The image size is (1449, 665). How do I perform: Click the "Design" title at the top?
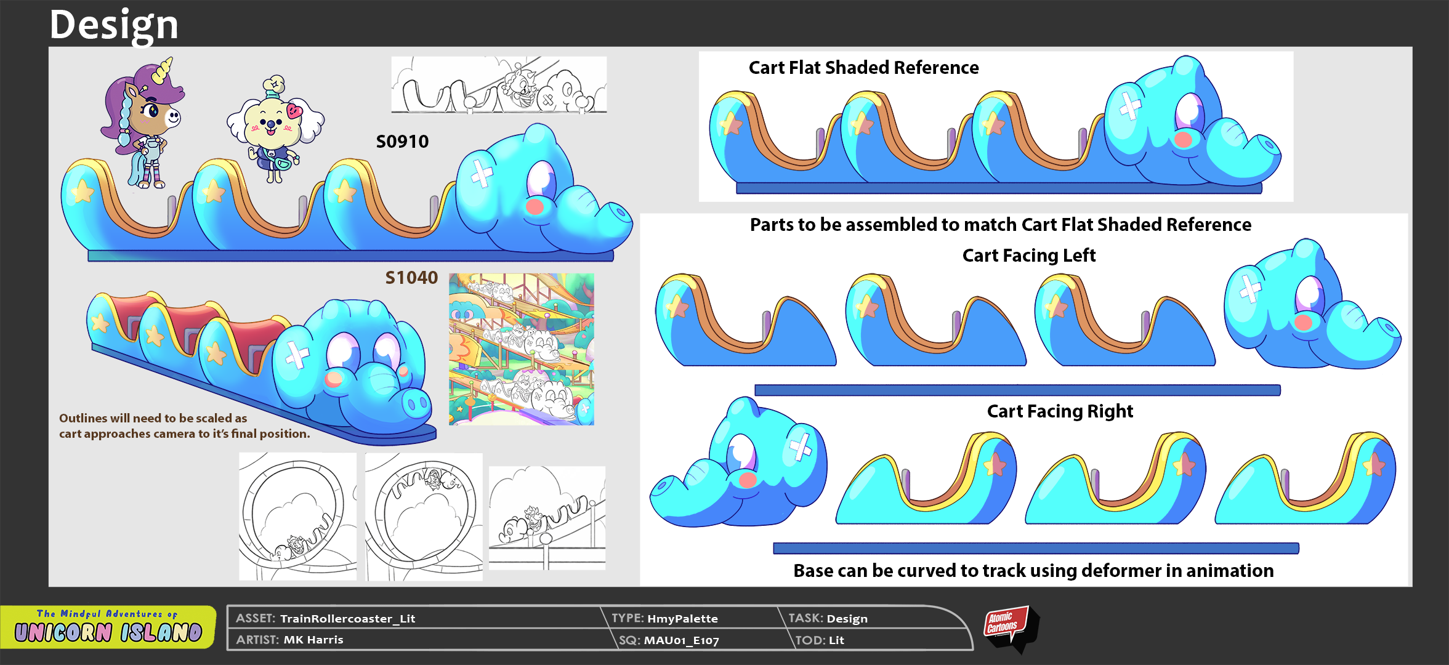coord(114,25)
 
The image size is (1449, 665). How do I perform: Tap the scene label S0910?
coord(402,142)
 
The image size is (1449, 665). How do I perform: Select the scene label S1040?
coord(411,278)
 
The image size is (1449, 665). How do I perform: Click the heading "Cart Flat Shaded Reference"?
coord(863,67)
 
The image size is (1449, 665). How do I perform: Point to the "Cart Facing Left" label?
coord(1029,256)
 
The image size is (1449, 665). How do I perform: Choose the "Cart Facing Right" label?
coord(1060,411)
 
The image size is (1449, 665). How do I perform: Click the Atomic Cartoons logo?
coord(1010,628)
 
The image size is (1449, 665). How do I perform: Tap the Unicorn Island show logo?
coord(108,627)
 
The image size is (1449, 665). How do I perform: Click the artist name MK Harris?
coord(313,640)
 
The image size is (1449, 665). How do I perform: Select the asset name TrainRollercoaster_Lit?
coord(348,619)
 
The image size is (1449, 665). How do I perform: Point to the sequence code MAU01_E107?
coord(681,640)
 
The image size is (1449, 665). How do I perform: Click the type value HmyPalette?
coord(682,619)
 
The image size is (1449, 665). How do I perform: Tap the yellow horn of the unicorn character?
coord(163,70)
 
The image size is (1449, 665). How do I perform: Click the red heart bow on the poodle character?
coord(295,111)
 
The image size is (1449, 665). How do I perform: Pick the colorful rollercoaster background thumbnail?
coord(522,349)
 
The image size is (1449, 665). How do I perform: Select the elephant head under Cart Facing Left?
coord(1312,305)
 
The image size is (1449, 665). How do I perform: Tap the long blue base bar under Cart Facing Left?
coord(1017,390)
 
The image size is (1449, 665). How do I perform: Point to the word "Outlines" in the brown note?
coord(83,418)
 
